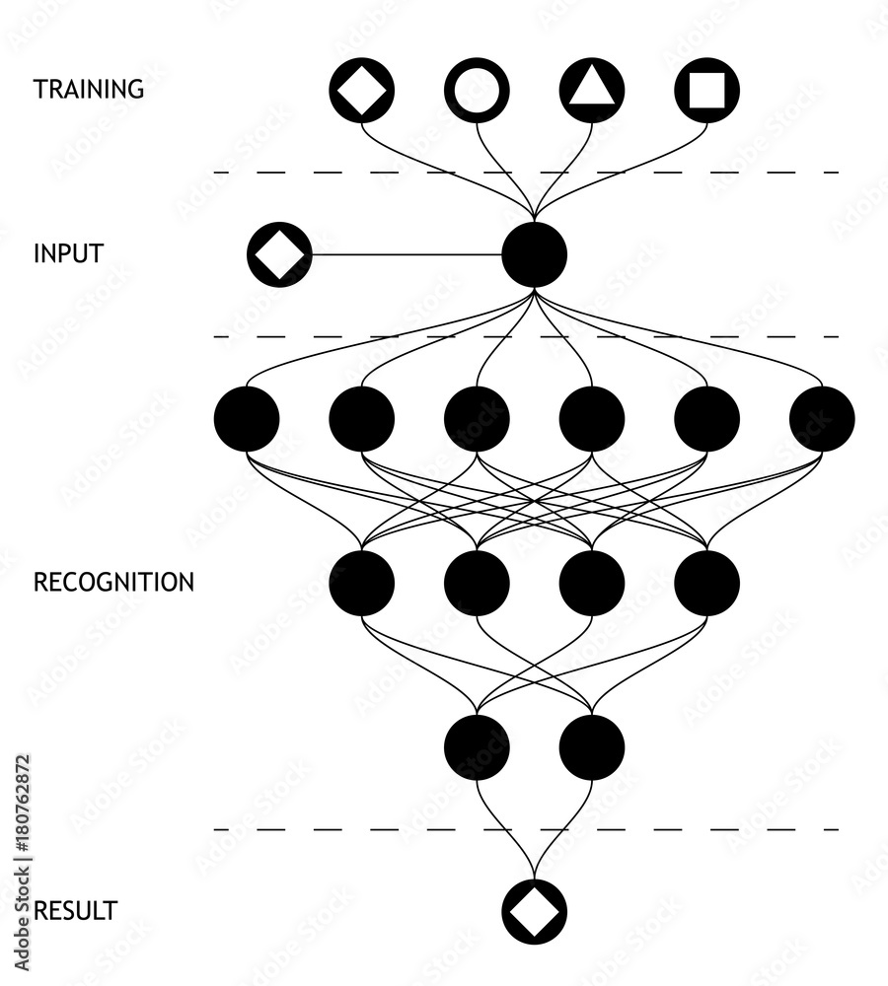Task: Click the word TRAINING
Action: click(x=89, y=89)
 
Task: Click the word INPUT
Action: click(x=68, y=253)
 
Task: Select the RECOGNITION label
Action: click(x=113, y=582)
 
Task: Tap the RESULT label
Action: click(x=74, y=910)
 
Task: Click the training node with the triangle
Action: click(x=592, y=90)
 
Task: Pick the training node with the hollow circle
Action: click(x=478, y=90)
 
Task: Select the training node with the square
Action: click(x=706, y=90)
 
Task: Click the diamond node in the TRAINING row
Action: click(x=362, y=90)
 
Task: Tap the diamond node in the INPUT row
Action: click(x=279, y=254)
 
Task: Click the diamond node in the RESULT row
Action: click(x=534, y=911)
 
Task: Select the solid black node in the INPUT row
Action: click(x=534, y=254)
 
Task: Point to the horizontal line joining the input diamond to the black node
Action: click(x=405, y=254)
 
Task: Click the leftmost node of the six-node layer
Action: click(x=247, y=419)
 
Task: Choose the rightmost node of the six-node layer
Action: click(x=822, y=419)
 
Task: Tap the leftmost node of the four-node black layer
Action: click(x=362, y=583)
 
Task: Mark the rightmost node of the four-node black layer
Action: click(x=706, y=583)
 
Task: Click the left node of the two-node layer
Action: click(x=478, y=747)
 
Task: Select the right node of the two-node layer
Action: click(x=592, y=747)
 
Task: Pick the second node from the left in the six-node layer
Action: click(x=362, y=419)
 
